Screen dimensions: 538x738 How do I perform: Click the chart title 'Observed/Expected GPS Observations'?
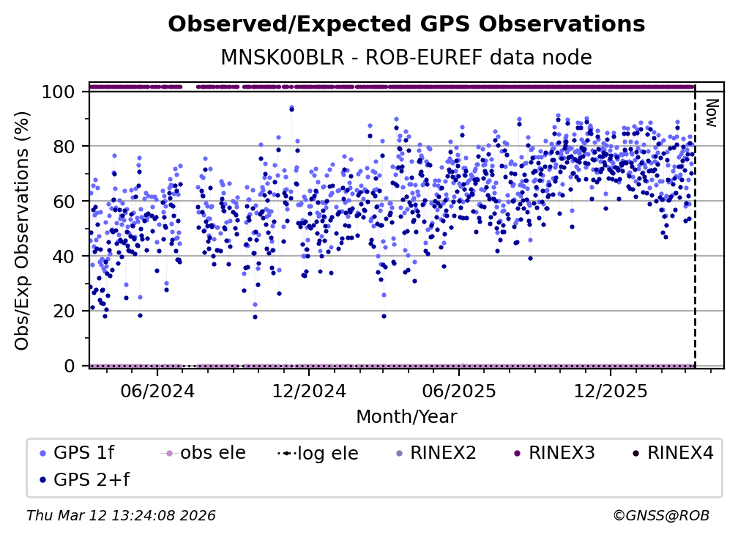[406, 25]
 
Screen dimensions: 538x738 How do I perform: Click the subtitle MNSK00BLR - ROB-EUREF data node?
[406, 57]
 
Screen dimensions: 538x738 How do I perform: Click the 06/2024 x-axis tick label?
[157, 391]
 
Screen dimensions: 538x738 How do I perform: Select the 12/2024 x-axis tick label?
[308, 391]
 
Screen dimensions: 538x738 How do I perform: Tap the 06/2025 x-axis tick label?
[458, 391]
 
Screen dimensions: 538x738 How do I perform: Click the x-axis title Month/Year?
[406, 417]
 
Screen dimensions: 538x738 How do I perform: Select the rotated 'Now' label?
[709, 113]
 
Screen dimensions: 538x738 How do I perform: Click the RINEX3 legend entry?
[561, 453]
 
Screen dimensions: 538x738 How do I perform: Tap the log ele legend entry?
[330, 454]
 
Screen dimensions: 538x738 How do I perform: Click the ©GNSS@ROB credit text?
[661, 516]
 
